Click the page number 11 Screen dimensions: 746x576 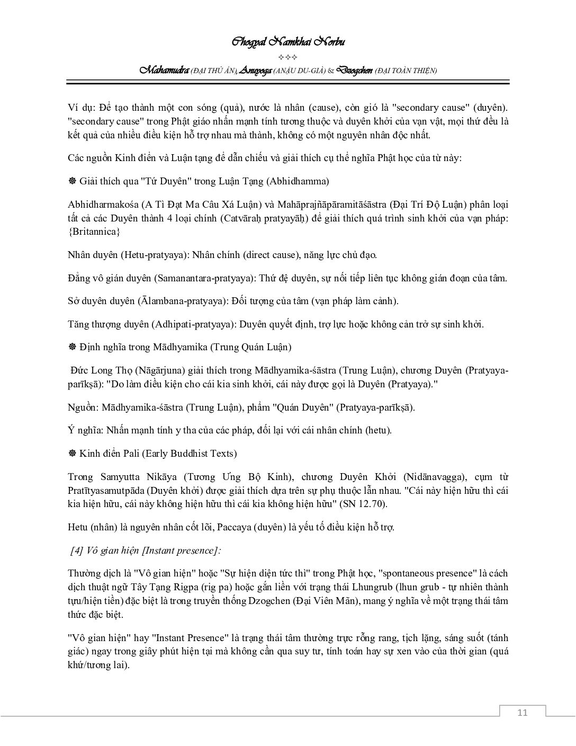[x=522, y=712]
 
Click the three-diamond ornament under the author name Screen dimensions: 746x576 [x=288, y=57]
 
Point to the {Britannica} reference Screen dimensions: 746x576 [x=94, y=232]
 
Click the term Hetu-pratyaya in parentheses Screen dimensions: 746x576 [x=154, y=255]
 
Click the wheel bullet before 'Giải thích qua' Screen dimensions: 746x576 [x=73, y=181]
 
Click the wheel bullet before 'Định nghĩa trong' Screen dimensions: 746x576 [x=73, y=348]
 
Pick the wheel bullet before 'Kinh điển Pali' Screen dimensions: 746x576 [x=73, y=454]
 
